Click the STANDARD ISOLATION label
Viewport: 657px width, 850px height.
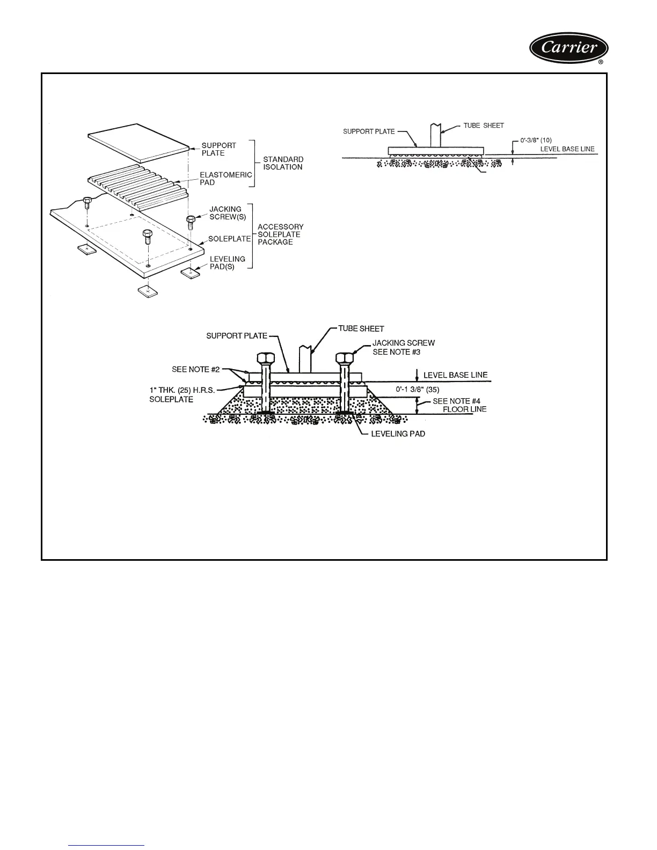(x=283, y=163)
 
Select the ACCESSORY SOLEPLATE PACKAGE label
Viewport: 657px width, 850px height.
(x=280, y=235)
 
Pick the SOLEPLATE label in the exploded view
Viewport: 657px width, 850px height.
(x=229, y=239)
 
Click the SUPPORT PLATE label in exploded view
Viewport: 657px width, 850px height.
(x=218, y=149)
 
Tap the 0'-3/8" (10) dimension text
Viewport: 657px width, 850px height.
(x=536, y=141)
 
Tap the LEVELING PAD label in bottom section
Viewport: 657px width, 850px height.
(x=398, y=434)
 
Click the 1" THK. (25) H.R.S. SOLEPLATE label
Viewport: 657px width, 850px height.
(x=182, y=395)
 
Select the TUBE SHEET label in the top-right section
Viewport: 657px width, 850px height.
(x=484, y=126)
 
